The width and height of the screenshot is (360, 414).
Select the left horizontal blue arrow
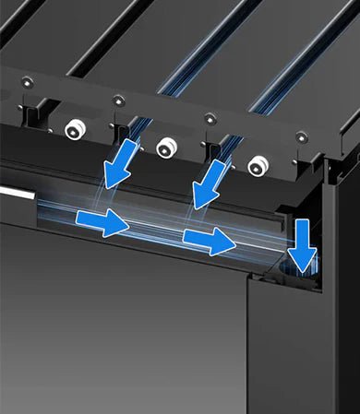[102, 220]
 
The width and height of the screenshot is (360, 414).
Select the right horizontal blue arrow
[207, 240]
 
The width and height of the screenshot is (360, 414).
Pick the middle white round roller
[166, 147]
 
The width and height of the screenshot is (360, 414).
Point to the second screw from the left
[117, 100]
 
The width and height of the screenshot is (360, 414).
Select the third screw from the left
[210, 117]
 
